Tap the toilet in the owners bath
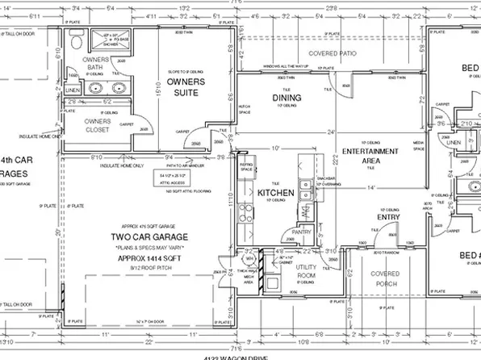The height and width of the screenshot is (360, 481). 74,41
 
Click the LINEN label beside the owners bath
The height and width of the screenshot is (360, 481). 73,90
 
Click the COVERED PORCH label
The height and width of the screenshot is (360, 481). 385,280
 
